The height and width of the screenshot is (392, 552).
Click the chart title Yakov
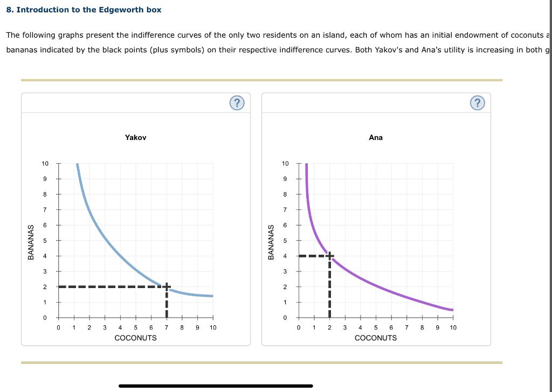tap(135, 138)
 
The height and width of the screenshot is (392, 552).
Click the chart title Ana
tap(376, 138)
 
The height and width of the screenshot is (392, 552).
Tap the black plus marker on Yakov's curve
tap(167, 286)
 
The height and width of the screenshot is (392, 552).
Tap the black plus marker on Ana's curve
tap(329, 255)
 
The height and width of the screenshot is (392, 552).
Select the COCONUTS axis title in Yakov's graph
tap(136, 338)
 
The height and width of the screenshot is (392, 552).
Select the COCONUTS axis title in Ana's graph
tap(376, 338)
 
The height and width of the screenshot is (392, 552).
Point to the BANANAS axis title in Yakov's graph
tap(32, 241)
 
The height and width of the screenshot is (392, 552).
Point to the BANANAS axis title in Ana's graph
tap(272, 241)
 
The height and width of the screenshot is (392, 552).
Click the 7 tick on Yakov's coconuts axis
tap(167, 327)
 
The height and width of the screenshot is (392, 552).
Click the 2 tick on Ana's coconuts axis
tap(329, 327)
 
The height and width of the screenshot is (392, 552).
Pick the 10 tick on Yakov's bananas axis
tap(45, 164)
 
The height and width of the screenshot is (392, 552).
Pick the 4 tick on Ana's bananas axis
tap(286, 256)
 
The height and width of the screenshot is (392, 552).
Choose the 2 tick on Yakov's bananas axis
tap(45, 287)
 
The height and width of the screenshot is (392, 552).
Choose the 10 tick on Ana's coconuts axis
tap(453, 327)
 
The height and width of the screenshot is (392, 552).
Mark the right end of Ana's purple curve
tap(452, 310)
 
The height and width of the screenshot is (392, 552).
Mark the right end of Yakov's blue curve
tap(212, 296)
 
